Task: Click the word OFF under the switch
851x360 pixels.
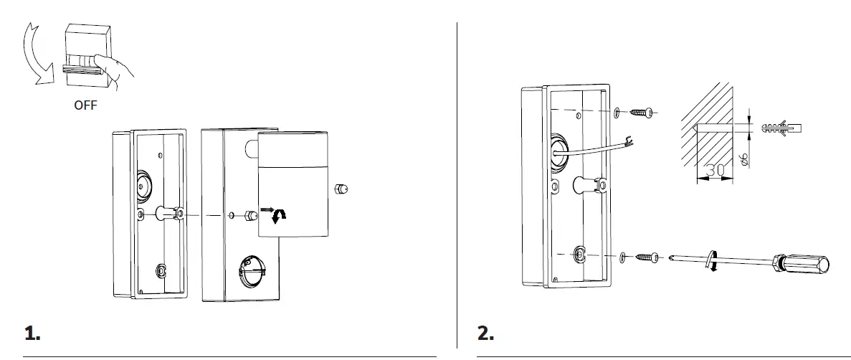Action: [85, 105]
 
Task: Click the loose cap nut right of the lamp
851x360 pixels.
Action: [341, 189]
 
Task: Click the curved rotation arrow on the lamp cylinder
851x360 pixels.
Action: [282, 213]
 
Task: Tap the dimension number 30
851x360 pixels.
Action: [714, 171]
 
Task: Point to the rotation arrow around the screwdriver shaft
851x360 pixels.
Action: [712, 261]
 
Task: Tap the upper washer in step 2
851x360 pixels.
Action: [618, 113]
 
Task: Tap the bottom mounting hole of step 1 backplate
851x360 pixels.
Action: [161, 271]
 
